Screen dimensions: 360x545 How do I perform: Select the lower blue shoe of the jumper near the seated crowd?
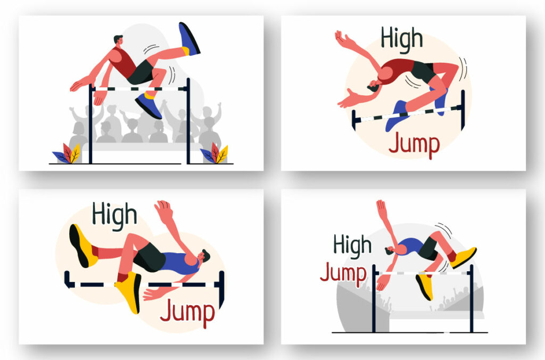[x=148, y=105]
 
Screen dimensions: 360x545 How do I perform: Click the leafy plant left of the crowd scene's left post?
[x=67, y=154]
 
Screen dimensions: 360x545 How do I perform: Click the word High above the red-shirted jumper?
[x=402, y=38]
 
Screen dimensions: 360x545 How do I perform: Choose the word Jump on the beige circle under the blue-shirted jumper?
[x=187, y=313]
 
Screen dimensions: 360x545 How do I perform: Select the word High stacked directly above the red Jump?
[x=352, y=246]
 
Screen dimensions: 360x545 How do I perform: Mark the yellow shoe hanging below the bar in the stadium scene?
[x=424, y=286]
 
